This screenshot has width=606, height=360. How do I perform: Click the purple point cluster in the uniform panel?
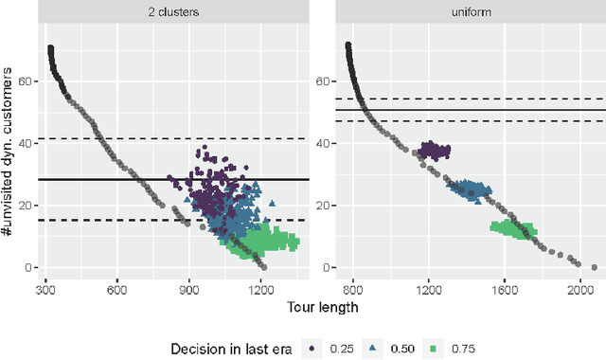point(435,150)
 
